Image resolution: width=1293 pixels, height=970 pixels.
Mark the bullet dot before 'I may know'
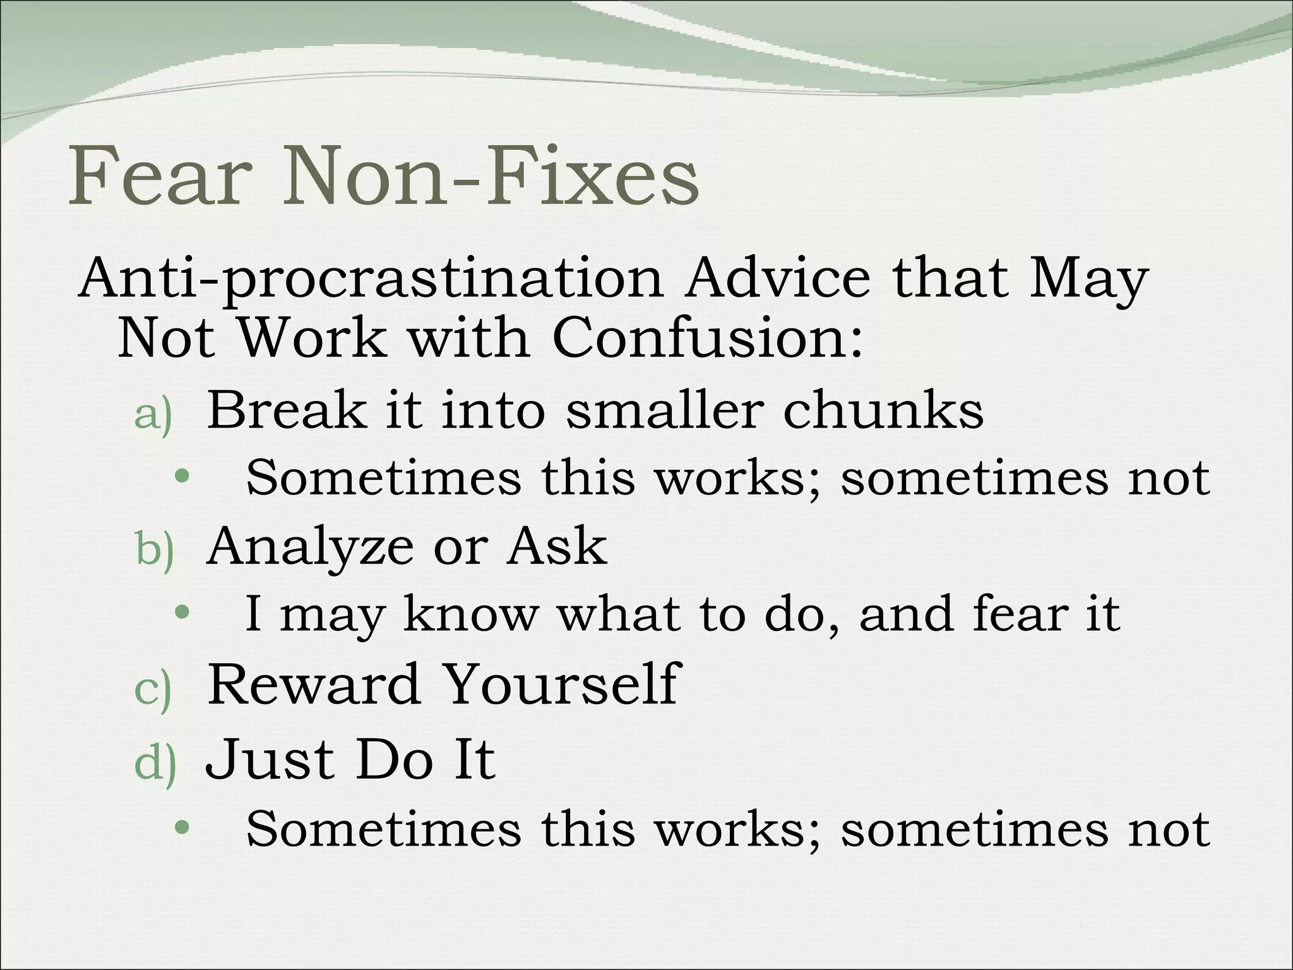[x=182, y=611]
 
